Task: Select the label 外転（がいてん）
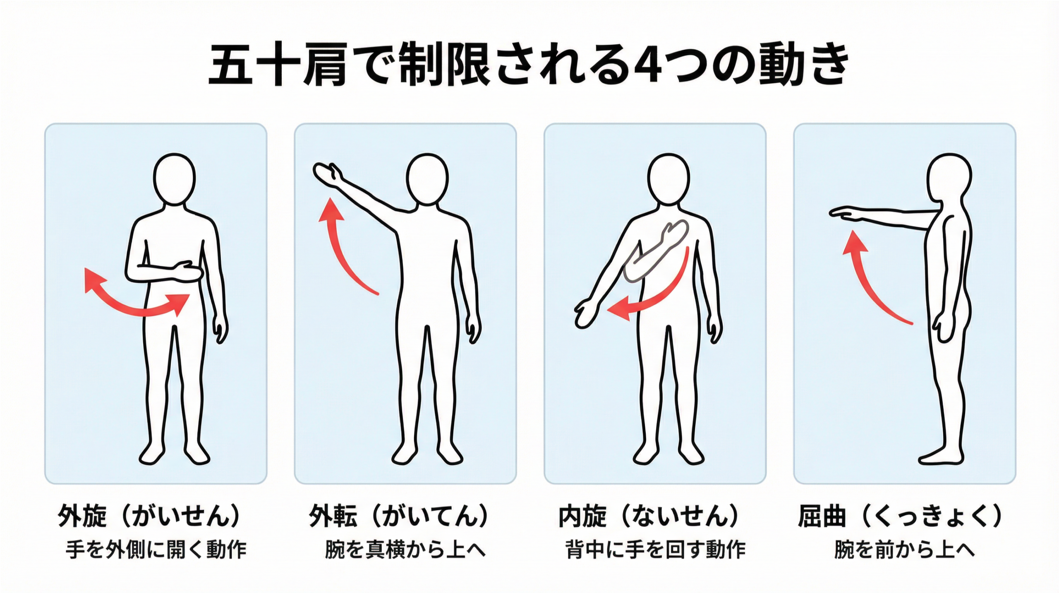pyautogui.click(x=399, y=516)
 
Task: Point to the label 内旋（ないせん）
pyautogui.click(x=649, y=516)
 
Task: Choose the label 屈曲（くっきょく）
pyautogui.click(x=900, y=516)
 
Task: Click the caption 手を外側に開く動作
pyautogui.click(x=156, y=550)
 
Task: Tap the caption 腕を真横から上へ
pyautogui.click(x=405, y=550)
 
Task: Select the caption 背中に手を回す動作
pyautogui.click(x=655, y=550)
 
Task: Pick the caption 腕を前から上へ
pyautogui.click(x=904, y=550)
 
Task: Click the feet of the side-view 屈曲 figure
pyautogui.click(x=941, y=458)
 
